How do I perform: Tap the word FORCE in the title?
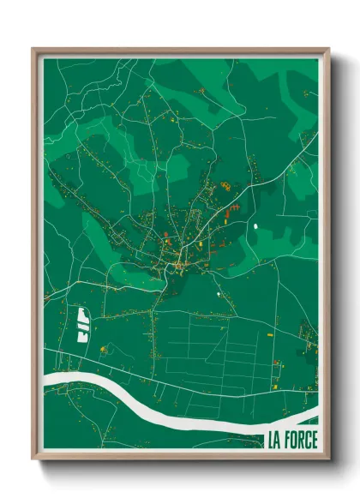point(302,441)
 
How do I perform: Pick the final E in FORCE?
point(315,441)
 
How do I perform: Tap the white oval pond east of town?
point(255,226)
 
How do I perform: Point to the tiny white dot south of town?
point(219,296)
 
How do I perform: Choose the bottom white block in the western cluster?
point(83,337)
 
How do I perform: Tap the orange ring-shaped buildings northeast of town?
point(225,184)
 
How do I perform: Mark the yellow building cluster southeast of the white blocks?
point(105,349)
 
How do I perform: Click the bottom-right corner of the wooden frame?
point(328,460)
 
